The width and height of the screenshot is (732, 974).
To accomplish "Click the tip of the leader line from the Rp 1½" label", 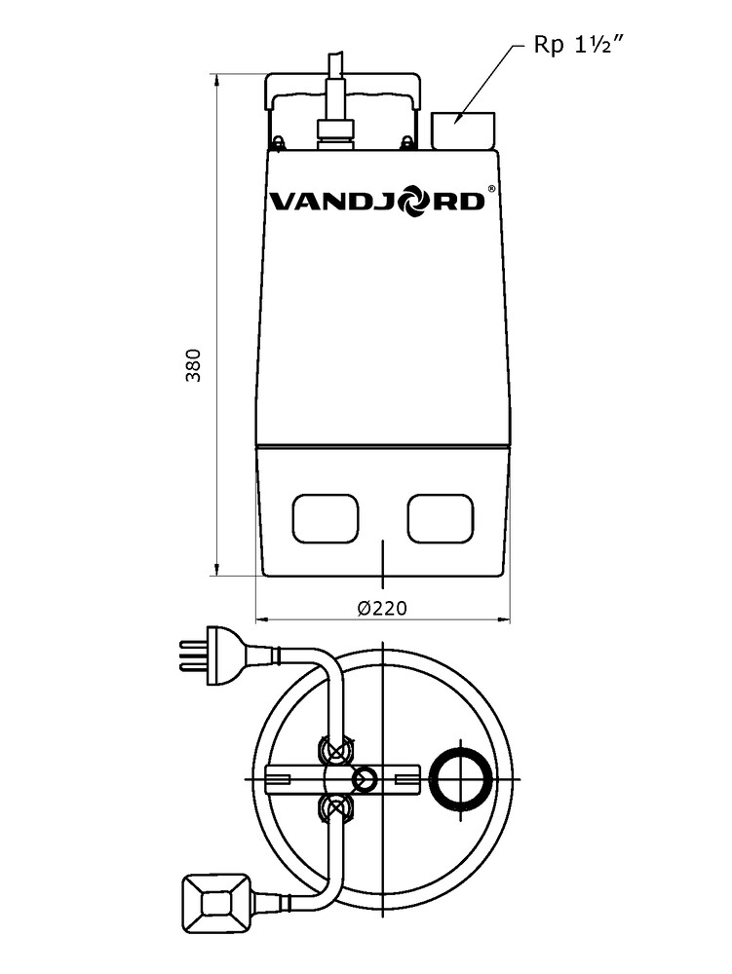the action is pyautogui.click(x=455, y=123).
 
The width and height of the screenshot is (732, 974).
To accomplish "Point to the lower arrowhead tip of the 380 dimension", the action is pyautogui.click(x=215, y=576).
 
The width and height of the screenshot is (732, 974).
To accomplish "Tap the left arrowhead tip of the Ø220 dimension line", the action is pyautogui.click(x=256, y=619).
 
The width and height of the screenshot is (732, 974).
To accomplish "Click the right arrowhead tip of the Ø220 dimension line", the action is pyautogui.click(x=510, y=619).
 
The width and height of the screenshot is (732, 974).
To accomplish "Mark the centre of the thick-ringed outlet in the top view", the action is pyautogui.click(x=461, y=779).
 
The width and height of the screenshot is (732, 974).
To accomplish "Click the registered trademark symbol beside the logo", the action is pyautogui.click(x=491, y=188).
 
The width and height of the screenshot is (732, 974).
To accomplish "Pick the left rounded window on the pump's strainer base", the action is pyautogui.click(x=325, y=518).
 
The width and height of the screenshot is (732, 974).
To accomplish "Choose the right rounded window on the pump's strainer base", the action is pyautogui.click(x=441, y=518).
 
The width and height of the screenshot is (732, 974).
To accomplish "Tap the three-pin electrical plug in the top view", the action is pyautogui.click(x=214, y=656).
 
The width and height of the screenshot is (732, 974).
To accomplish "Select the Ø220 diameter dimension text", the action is pyautogui.click(x=383, y=607).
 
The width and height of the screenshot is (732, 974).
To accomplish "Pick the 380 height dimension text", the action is pyautogui.click(x=194, y=365).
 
